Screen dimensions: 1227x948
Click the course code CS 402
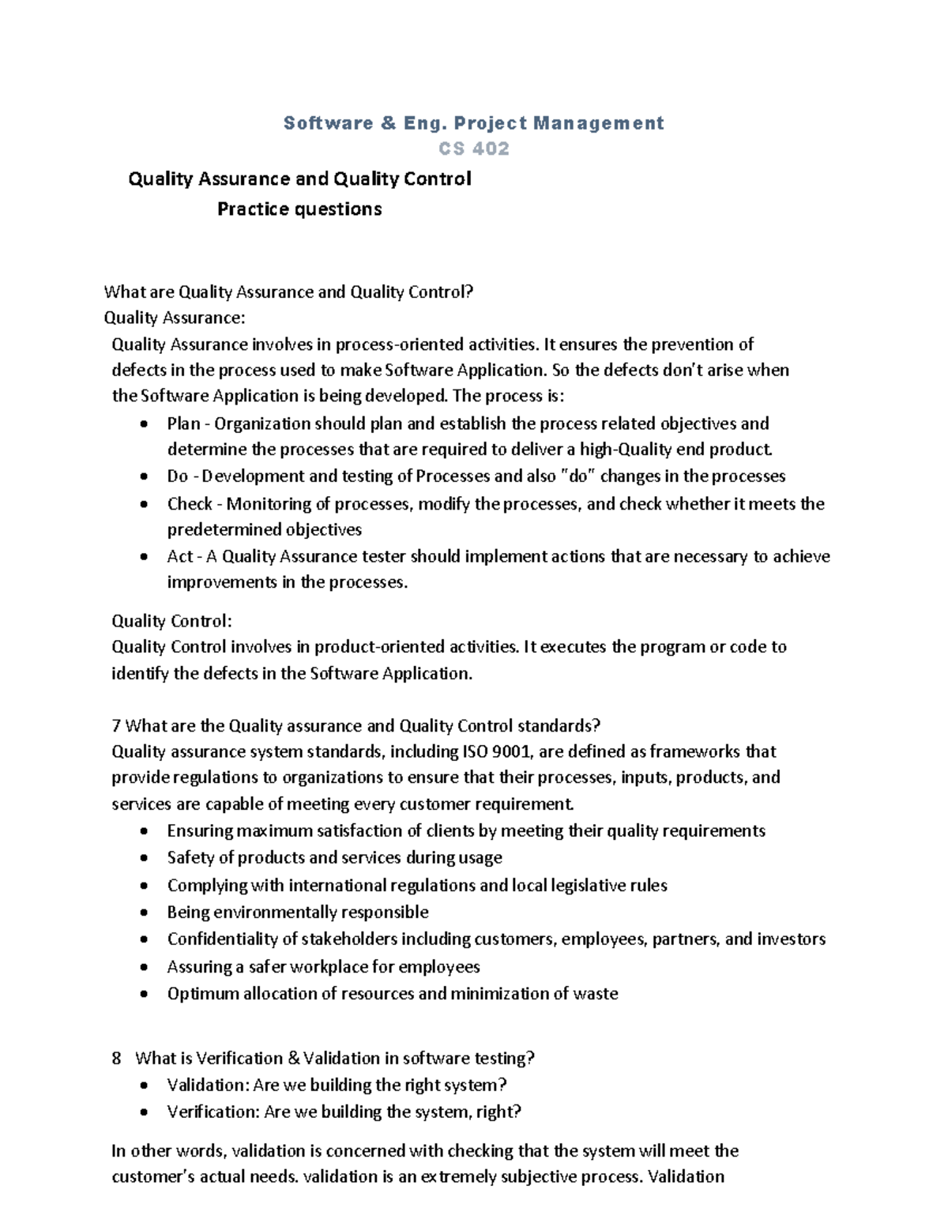pyautogui.click(x=474, y=149)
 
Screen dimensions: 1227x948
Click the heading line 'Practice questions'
pyautogui.click(x=299, y=209)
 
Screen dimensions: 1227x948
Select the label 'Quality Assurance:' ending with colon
pyautogui.click(x=175, y=318)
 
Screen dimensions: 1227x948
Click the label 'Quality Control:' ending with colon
pyautogui.click(x=171, y=620)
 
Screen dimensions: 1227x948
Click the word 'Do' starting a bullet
pyautogui.click(x=178, y=476)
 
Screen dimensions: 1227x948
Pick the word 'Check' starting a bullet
pyautogui.click(x=190, y=503)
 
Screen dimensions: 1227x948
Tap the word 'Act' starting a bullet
pyautogui.click(x=180, y=556)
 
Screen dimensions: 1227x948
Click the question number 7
pyautogui.click(x=116, y=725)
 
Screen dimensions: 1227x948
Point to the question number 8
pyautogui.click(x=117, y=1058)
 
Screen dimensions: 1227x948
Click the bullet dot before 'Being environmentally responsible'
pyautogui.click(x=143, y=913)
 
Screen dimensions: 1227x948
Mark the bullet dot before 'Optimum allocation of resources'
pyautogui.click(x=143, y=994)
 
